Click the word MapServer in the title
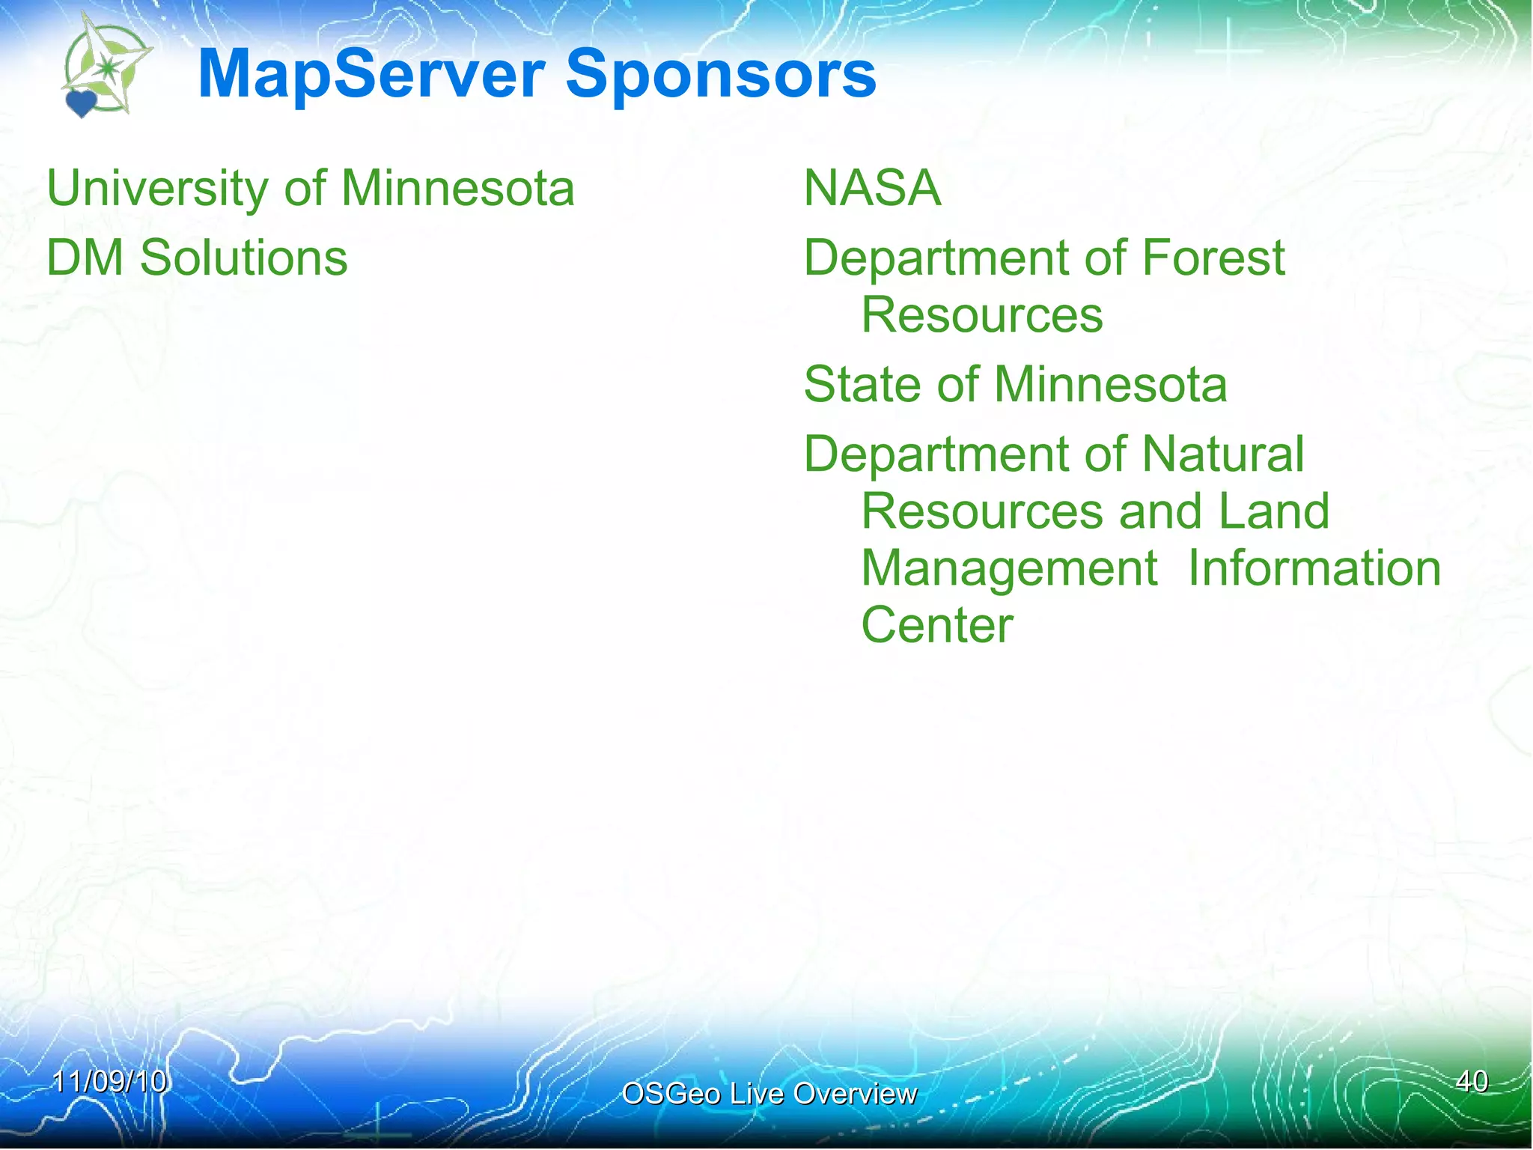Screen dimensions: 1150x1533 pyautogui.click(x=371, y=75)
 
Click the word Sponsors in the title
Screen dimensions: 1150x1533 pyautogui.click(x=720, y=75)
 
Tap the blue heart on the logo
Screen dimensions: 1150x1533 pyautogui.click(x=81, y=103)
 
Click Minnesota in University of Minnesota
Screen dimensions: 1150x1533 pyautogui.click(x=458, y=189)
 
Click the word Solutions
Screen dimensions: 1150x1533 pyautogui.click(x=244, y=258)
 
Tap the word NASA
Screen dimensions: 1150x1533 pyautogui.click(x=872, y=189)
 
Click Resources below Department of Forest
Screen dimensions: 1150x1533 pyautogui.click(x=981, y=315)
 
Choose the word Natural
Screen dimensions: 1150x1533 pyautogui.click(x=1223, y=454)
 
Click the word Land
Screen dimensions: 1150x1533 pyautogui.click(x=1273, y=511)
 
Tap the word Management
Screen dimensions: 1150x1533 pyautogui.click(x=1009, y=569)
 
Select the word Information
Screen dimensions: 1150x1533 pyautogui.click(x=1314, y=569)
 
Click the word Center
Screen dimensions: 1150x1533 pyautogui.click(x=936, y=626)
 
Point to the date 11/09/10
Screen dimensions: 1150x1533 pyautogui.click(x=109, y=1082)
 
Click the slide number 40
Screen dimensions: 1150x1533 pyautogui.click(x=1472, y=1082)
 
